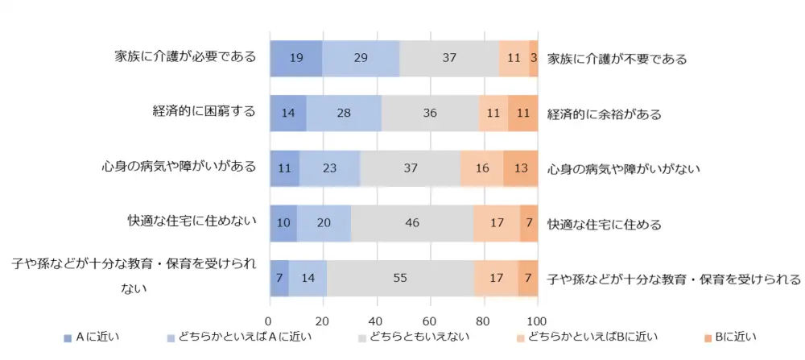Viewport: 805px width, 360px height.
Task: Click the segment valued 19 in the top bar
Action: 295,58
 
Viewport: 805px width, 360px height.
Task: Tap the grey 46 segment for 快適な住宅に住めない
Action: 412,223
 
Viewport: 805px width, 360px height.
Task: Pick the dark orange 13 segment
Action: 520,168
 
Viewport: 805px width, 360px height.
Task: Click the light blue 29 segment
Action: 361,58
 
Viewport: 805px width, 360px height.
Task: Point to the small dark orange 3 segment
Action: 534,58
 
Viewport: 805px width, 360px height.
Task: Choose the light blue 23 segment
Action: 329,168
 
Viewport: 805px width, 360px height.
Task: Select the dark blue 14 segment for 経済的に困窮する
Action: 287,113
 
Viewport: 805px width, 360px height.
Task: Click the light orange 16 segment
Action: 481,168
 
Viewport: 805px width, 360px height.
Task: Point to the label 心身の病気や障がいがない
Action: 624,169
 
